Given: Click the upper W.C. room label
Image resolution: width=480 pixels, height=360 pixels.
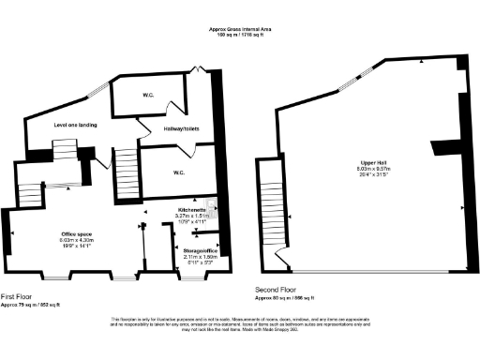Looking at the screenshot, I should (147, 94).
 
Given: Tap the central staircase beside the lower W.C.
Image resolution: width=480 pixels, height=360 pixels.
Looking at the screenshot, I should (126, 176).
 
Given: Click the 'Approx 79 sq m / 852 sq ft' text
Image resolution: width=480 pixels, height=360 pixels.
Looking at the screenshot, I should (32, 305).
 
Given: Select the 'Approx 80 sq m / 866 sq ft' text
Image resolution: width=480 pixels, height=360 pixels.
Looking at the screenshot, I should (302, 297).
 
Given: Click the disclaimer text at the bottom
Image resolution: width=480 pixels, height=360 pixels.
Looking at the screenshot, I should (239, 326).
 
